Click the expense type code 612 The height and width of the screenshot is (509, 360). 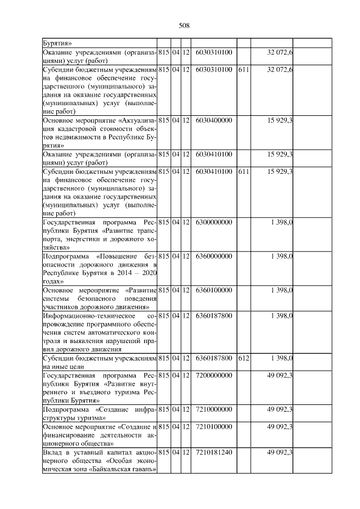click(244, 358)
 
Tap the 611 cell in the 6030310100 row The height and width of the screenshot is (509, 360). click(244, 69)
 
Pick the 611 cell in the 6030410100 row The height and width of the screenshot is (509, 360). click(244, 171)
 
